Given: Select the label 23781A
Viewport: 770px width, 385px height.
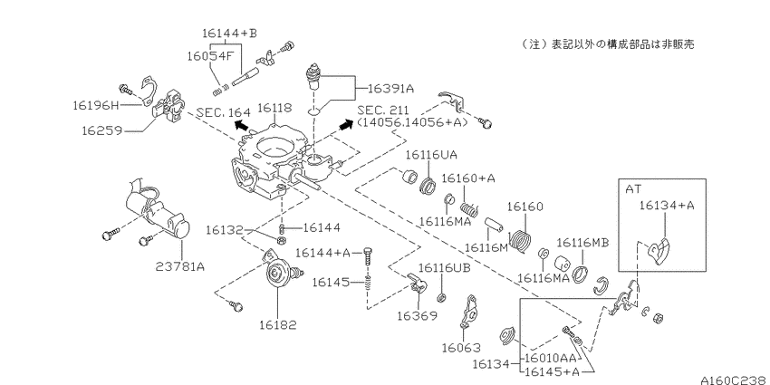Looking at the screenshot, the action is point(180,266).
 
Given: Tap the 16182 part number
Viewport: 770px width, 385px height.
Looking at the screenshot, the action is point(278,324).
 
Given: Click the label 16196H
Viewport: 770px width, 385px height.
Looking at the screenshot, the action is point(96,105).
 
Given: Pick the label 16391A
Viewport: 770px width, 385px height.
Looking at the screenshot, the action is point(391,89).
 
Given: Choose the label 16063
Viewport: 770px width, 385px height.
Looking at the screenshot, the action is point(460,348).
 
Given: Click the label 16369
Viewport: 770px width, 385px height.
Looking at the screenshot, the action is point(417,316).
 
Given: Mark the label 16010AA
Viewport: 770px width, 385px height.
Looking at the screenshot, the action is point(546,358).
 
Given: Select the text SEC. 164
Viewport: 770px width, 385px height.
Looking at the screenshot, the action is point(223,112).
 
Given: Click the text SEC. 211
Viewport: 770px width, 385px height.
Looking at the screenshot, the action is point(384,110).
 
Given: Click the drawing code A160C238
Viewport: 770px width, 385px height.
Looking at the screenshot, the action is point(735,380).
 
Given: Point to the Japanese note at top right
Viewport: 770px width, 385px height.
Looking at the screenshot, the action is point(608,44).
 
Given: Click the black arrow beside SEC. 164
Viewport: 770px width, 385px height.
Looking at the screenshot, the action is point(241,125).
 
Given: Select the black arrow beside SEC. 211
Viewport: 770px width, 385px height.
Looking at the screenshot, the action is point(346,125).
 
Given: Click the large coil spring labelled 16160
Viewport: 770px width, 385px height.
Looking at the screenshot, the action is point(521,240).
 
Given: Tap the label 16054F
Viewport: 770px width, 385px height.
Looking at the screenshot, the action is point(209,55).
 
